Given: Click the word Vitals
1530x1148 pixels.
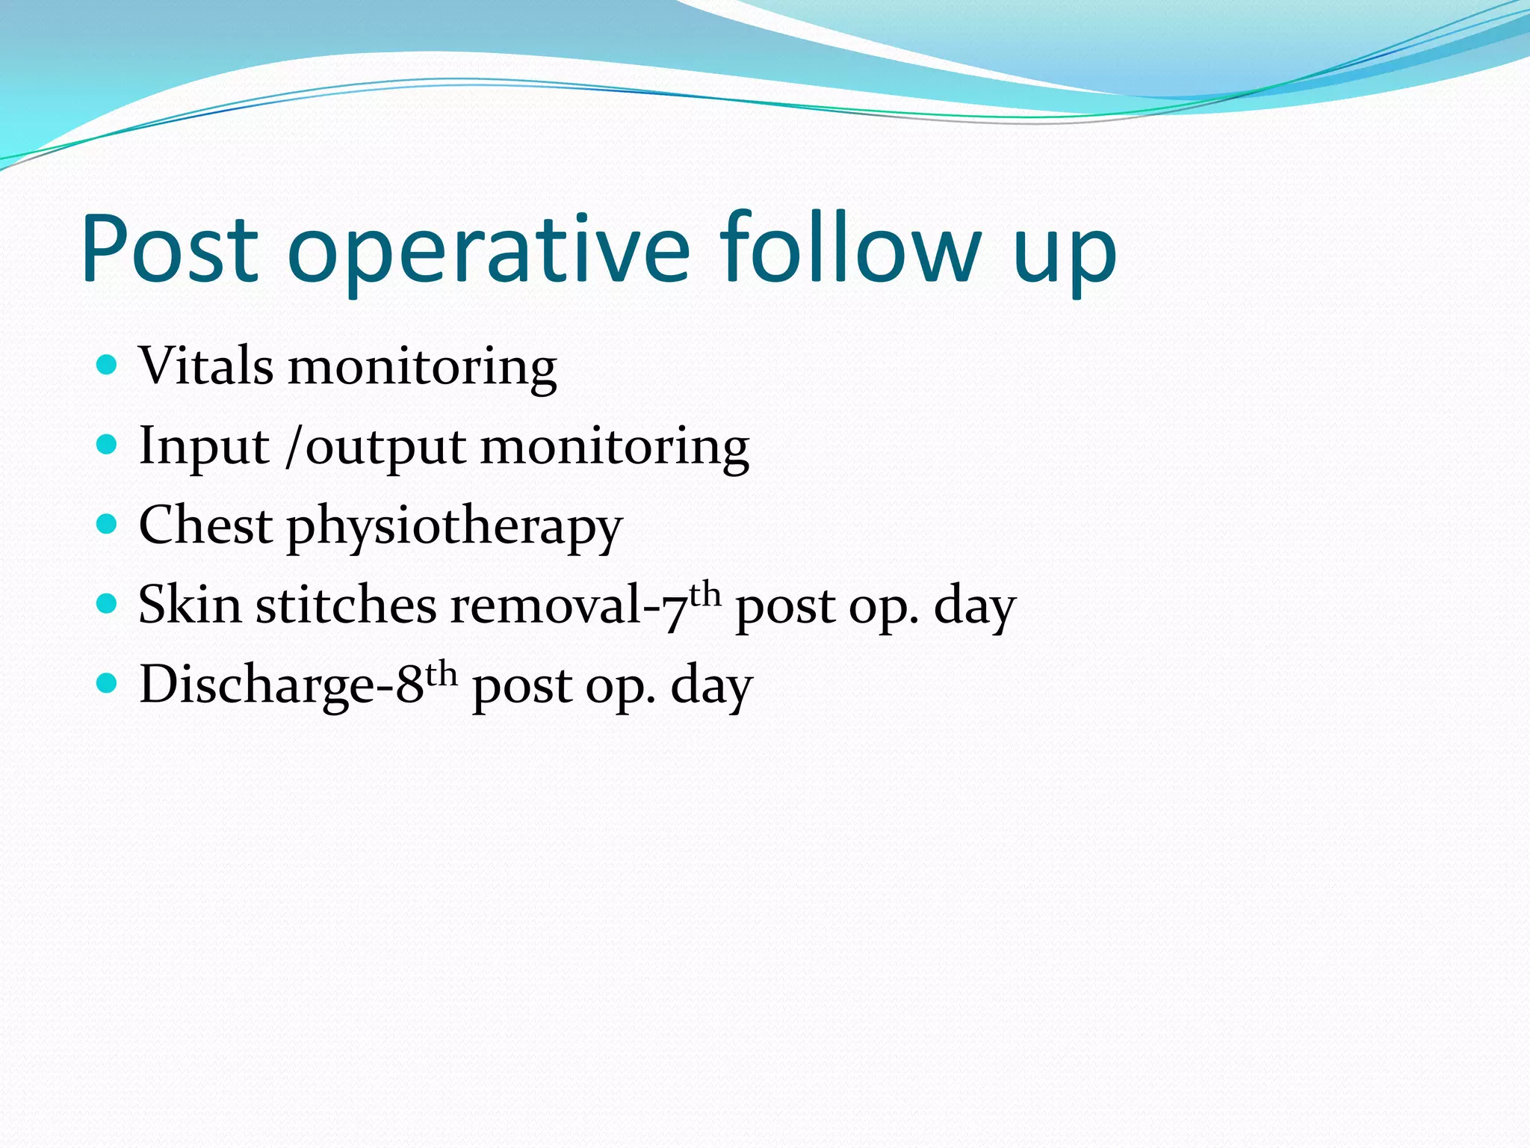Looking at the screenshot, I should tap(206, 366).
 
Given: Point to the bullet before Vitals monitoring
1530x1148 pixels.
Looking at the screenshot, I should tap(108, 365).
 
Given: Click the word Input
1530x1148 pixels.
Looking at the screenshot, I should tap(203, 447).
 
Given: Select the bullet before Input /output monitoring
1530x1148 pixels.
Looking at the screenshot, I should tap(108, 445).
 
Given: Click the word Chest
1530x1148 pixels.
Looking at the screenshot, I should tap(205, 525).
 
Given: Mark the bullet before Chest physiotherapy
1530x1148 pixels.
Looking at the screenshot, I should tap(108, 524).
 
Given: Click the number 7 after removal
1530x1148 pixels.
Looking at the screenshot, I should tap(675, 609).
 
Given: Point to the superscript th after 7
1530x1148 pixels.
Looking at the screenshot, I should tap(704, 595).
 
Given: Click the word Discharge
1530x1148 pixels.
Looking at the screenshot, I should tap(256, 685).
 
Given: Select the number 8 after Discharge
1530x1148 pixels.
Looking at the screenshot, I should tap(409, 685).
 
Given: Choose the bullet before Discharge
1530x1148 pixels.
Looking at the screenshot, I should tap(108, 682).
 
